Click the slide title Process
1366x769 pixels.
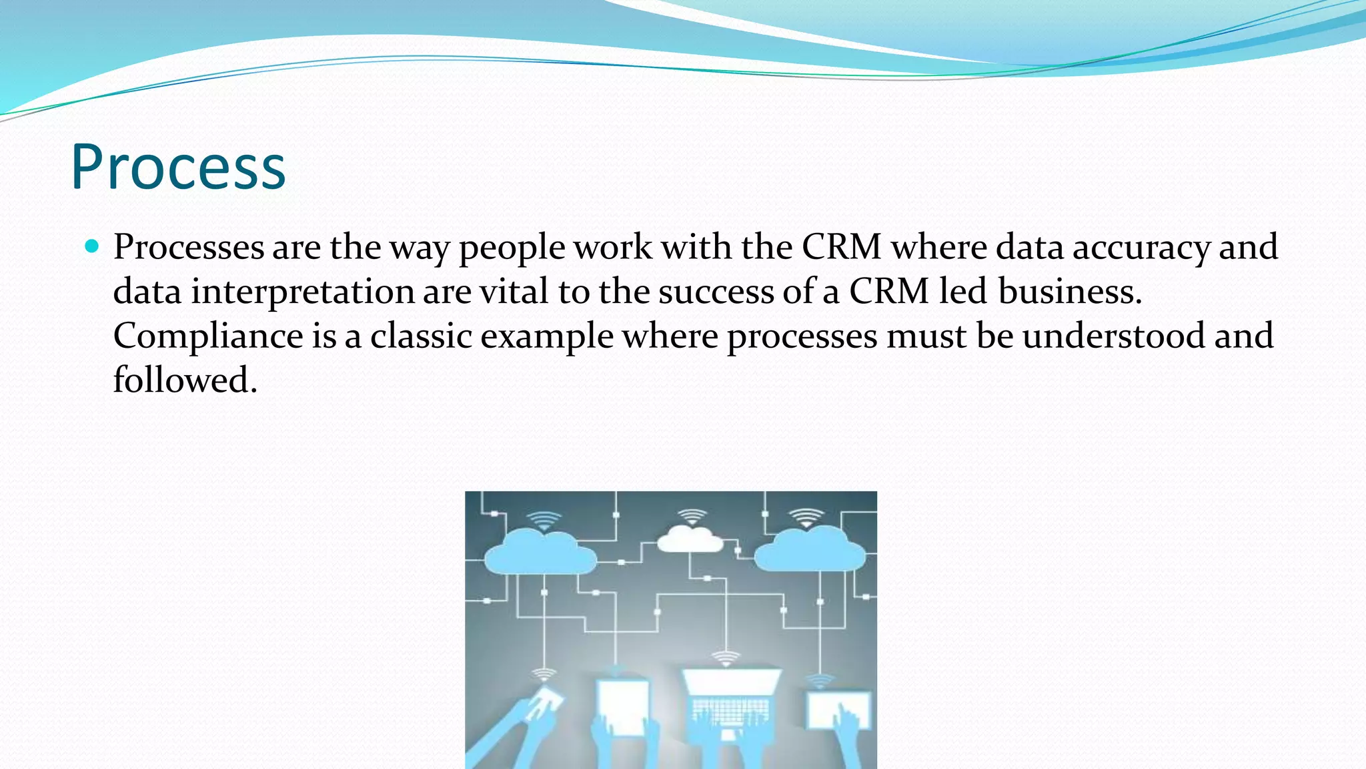(x=178, y=168)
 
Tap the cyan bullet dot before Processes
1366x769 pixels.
(x=92, y=246)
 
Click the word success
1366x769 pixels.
(x=716, y=292)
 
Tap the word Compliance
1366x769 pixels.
(x=208, y=336)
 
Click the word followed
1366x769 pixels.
(x=185, y=380)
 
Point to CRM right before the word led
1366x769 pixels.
(x=888, y=292)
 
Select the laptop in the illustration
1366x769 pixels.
(x=730, y=701)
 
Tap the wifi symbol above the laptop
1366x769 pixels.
(x=726, y=658)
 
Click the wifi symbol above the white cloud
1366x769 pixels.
(x=692, y=516)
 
